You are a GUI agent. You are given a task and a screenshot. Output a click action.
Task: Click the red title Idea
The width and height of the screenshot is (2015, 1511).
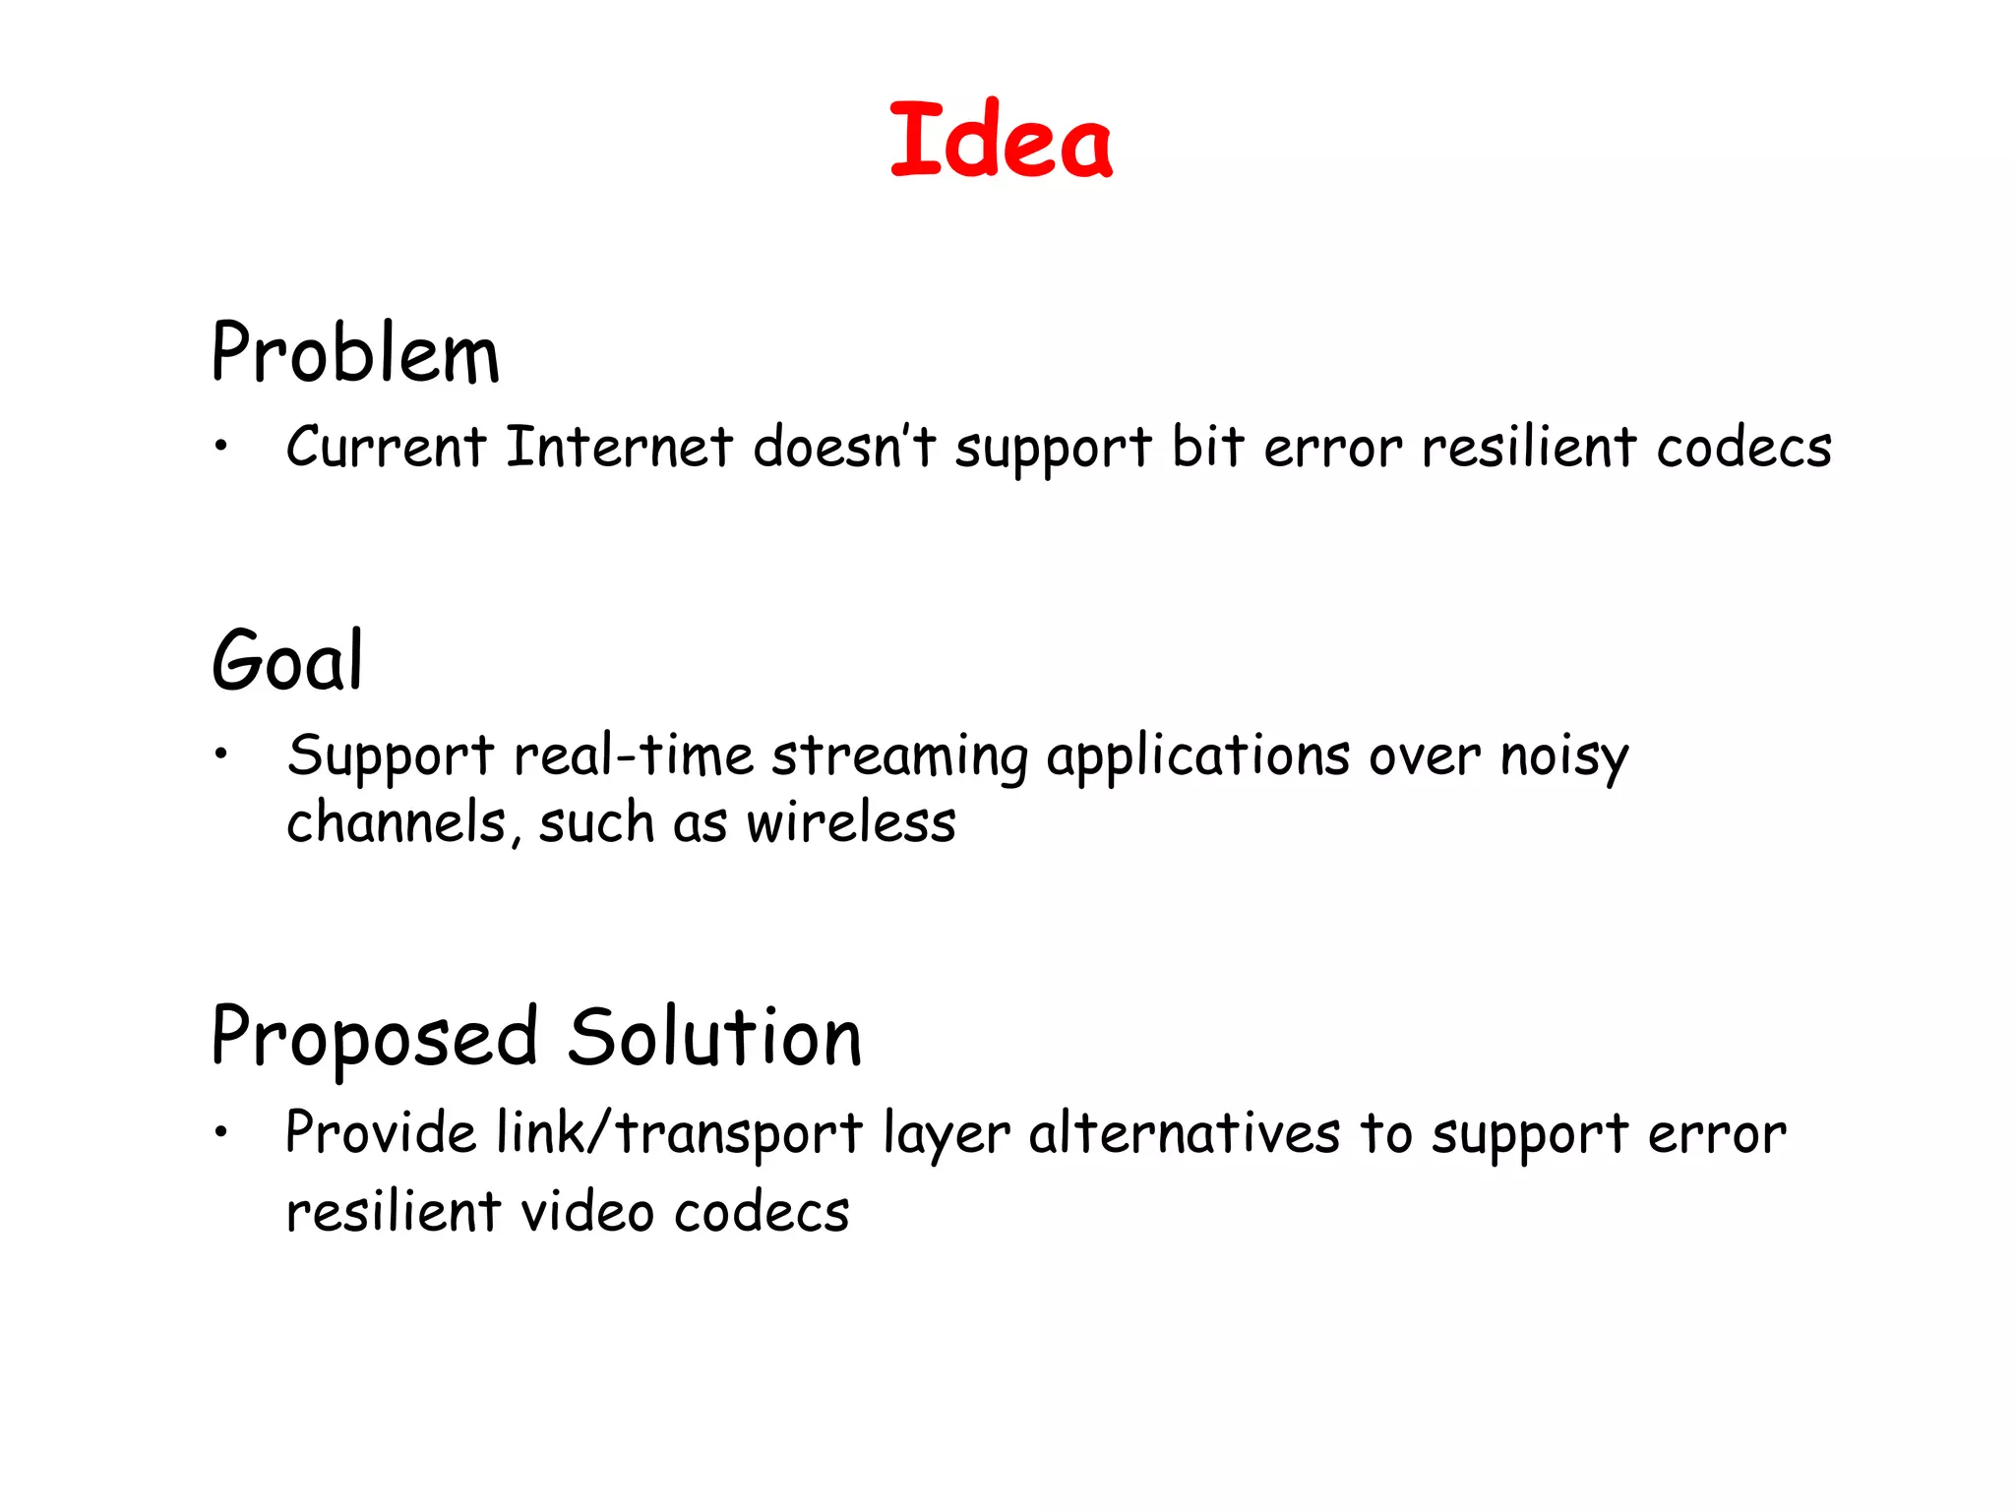(x=1001, y=141)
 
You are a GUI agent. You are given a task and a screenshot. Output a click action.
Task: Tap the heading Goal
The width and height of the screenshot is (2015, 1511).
(x=287, y=660)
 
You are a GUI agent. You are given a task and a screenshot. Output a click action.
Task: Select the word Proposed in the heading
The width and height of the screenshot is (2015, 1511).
(x=375, y=1038)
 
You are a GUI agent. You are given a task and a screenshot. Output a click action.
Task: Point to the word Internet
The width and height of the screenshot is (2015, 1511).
(x=620, y=447)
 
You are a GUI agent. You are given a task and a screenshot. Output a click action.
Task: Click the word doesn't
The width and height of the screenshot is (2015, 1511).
(x=844, y=447)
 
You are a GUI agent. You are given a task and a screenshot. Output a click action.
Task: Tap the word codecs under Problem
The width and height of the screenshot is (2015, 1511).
(x=1743, y=447)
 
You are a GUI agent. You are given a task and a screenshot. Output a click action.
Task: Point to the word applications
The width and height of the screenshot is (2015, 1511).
(x=1198, y=757)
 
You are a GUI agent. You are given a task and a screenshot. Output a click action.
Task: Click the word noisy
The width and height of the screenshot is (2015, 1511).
(x=1564, y=757)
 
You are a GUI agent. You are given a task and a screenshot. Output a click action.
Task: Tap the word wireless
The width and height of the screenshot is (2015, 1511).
(x=851, y=822)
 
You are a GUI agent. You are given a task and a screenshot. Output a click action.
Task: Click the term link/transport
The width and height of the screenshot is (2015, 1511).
(x=680, y=1133)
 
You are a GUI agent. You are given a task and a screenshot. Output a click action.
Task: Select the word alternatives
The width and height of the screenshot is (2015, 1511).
(x=1185, y=1133)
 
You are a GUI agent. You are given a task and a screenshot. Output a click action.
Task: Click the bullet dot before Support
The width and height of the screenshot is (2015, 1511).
(x=222, y=755)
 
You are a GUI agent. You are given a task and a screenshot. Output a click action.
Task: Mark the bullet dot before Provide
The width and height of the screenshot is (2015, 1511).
(x=222, y=1132)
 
